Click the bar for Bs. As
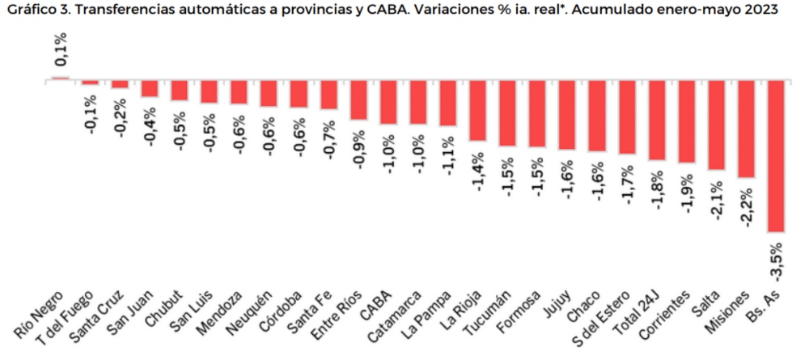pos(775,156)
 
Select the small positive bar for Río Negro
pos(61,78)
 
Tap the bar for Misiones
pos(745,129)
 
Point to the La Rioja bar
pos(477,110)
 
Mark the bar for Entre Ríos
pos(358,100)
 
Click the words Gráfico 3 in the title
pos(33,10)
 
